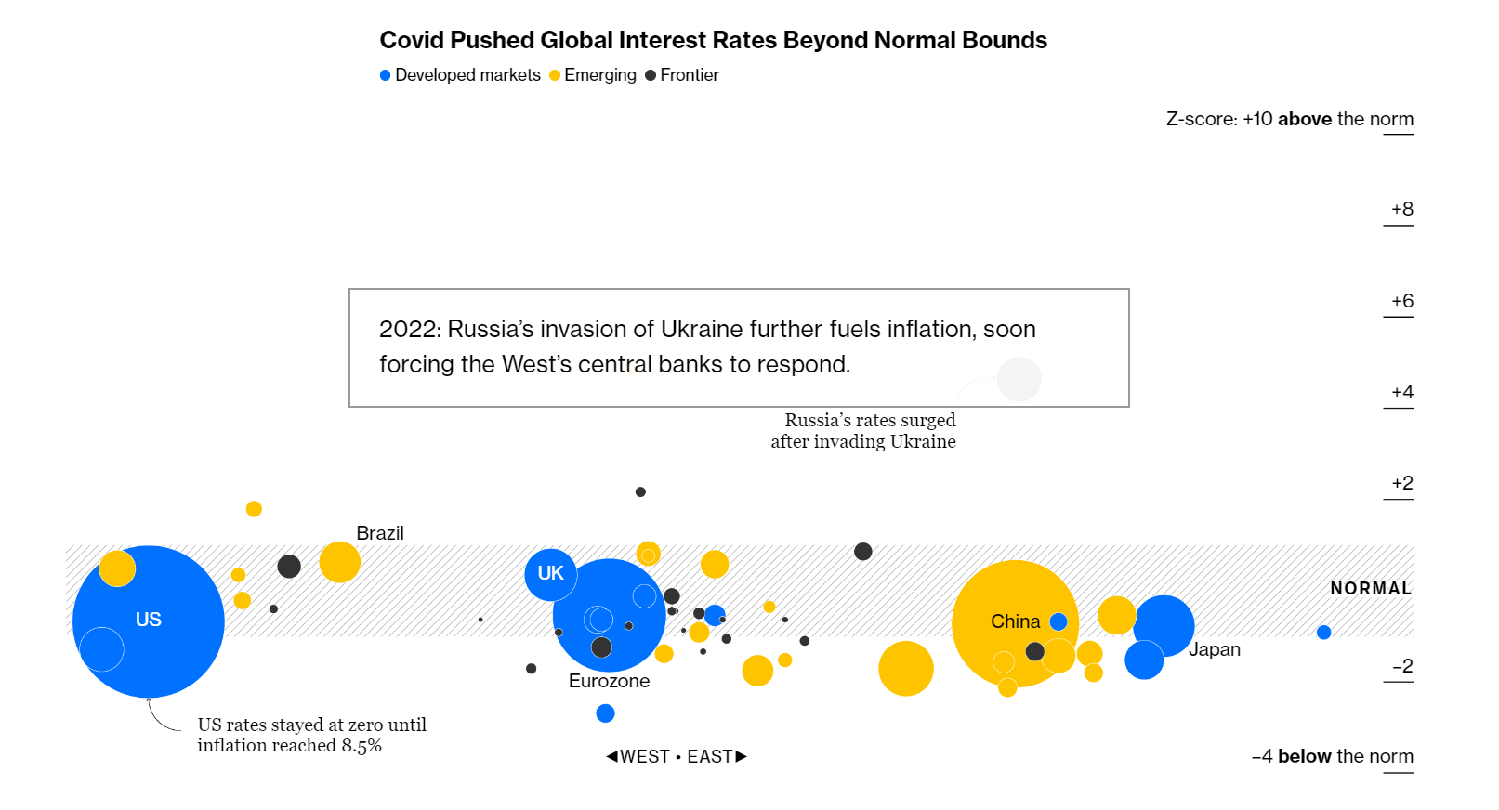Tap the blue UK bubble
coord(550,574)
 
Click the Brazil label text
coord(380,533)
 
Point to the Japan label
coord(1214,649)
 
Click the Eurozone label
coord(609,681)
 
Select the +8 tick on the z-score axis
coord(1401,210)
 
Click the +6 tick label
coord(1401,301)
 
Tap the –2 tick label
coord(1401,666)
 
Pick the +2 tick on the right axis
coord(1401,483)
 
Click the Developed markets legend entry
coord(461,75)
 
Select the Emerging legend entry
coord(594,75)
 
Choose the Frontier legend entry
coord(683,75)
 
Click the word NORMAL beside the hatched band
coord(1370,589)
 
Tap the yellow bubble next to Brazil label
coord(339,563)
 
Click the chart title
coord(713,41)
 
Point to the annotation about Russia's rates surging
coord(864,431)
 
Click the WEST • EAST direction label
coord(677,756)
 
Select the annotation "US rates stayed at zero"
coord(311,735)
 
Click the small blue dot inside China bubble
coord(1059,621)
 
